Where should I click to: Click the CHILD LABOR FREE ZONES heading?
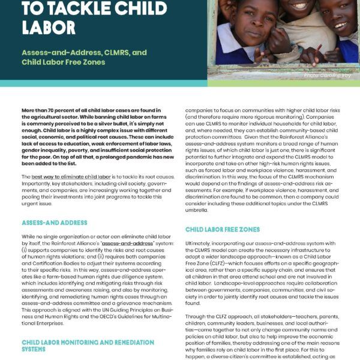click(x=222, y=229)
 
